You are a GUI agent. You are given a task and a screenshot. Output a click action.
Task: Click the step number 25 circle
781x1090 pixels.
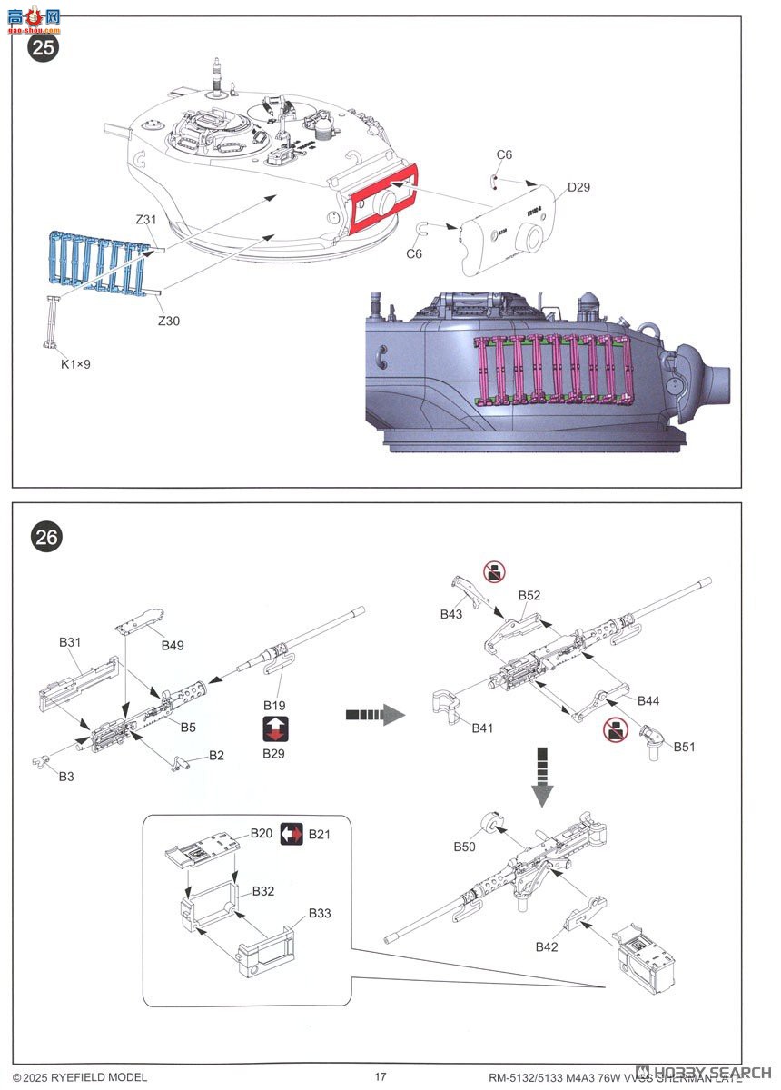click(44, 47)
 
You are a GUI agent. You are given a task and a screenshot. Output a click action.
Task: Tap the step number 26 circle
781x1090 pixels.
click(46, 538)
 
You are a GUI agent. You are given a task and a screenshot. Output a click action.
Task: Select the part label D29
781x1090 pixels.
click(578, 188)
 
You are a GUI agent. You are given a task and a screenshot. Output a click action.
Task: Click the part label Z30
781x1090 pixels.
click(169, 320)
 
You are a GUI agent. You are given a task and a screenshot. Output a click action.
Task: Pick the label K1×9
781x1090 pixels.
click(76, 364)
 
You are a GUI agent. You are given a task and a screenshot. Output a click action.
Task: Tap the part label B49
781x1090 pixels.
click(173, 645)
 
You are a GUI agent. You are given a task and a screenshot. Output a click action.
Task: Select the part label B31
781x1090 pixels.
click(70, 641)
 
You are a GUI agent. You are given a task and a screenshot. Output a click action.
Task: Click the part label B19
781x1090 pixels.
click(274, 705)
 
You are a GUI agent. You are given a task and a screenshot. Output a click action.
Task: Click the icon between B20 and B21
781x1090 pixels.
click(291, 834)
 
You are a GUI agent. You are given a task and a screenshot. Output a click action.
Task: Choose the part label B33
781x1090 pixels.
click(320, 913)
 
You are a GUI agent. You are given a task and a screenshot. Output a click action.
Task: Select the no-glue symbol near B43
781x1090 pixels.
click(494, 572)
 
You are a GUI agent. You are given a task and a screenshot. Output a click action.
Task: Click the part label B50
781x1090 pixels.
click(464, 847)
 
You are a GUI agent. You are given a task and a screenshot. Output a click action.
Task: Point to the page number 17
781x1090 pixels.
click(381, 1076)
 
